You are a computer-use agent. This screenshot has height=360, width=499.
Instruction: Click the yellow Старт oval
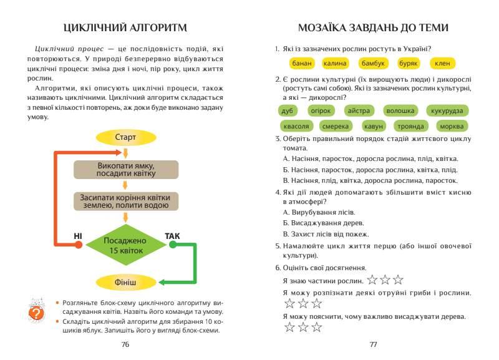pos(125,137)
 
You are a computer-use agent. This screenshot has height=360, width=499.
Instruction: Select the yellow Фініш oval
pos(125,282)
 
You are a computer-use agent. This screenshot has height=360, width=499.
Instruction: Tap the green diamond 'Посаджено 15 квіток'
pos(125,245)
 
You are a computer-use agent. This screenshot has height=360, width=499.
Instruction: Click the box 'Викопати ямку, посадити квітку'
pos(126,170)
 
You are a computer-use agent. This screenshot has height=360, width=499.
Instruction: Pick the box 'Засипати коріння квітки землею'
pos(126,200)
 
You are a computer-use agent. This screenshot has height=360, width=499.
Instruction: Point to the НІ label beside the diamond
pos(78,236)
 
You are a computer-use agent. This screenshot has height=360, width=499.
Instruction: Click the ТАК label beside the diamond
pos(172,236)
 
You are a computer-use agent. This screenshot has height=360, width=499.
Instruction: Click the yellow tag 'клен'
pos(442,64)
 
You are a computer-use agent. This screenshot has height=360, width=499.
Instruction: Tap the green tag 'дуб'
pos(287,111)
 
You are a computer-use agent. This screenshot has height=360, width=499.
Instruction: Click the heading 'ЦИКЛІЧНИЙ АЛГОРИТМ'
pos(126,28)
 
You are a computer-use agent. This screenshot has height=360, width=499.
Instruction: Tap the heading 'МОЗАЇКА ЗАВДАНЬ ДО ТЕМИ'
pos(373,28)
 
